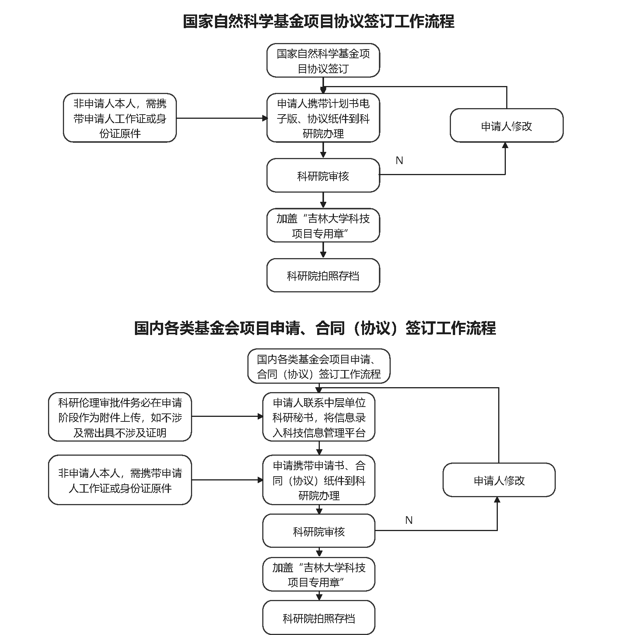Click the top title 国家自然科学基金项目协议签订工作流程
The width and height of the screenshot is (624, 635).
click(318, 21)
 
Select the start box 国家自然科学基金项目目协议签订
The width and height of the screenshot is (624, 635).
click(323, 61)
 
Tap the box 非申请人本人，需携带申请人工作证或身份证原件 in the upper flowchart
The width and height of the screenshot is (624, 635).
click(120, 118)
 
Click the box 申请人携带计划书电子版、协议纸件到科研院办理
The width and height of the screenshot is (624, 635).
click(323, 118)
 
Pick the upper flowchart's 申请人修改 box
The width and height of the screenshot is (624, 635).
click(506, 126)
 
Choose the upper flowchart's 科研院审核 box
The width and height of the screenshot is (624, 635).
click(323, 176)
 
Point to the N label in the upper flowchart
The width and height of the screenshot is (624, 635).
click(399, 161)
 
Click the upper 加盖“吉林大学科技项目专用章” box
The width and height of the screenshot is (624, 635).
click(323, 225)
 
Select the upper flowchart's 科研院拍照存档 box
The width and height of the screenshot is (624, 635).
click(323, 275)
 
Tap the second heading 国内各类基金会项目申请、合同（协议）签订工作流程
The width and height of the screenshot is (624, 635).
click(315, 328)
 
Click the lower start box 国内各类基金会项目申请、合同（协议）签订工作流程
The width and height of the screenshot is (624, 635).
click(319, 366)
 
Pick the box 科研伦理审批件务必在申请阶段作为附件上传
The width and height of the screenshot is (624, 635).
click(120, 417)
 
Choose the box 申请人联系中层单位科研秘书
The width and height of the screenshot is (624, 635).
click(319, 417)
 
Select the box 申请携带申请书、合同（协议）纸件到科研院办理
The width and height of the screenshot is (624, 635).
click(319, 480)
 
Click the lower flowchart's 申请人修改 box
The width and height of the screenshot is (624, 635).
click(499, 480)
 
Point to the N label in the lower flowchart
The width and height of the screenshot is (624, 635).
click(409, 520)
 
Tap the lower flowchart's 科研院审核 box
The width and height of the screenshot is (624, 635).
click(319, 531)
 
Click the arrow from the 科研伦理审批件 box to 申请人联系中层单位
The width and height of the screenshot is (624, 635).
click(227, 416)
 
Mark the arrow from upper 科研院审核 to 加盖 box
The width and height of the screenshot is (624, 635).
click(323, 200)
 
